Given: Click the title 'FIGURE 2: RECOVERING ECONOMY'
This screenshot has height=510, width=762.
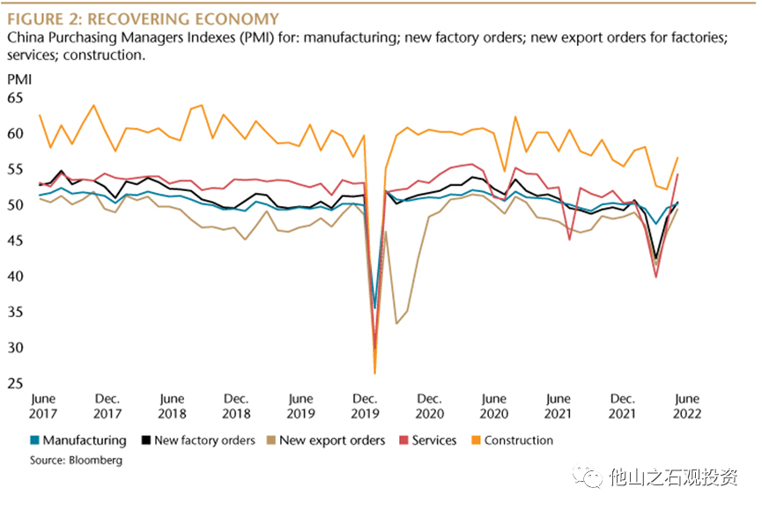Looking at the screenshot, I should pos(143,18).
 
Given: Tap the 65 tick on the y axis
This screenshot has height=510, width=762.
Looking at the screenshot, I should pos(17,98).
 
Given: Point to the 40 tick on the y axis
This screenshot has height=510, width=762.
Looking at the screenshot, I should pos(17,277).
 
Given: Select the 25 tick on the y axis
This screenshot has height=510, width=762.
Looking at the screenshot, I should pos(17,384).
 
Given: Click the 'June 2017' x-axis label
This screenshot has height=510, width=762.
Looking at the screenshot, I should pos(43,406).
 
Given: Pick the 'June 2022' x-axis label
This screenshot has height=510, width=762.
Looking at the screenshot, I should pos(686,406).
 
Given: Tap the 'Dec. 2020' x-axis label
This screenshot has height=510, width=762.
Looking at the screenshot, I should pos(429,406).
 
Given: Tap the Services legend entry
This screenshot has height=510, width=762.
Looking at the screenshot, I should pos(427,440).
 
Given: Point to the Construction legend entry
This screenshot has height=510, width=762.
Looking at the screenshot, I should pos(512,440).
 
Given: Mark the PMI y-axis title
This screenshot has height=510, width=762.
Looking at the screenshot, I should pos(18,79).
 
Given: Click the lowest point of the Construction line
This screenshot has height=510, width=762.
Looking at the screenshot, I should pos(374,373).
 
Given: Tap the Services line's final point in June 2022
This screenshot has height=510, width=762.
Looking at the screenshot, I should pos(677,174).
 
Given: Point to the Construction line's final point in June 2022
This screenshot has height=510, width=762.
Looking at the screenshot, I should pos(677,158).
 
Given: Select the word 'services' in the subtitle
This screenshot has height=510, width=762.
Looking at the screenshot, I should pos(31,55).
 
